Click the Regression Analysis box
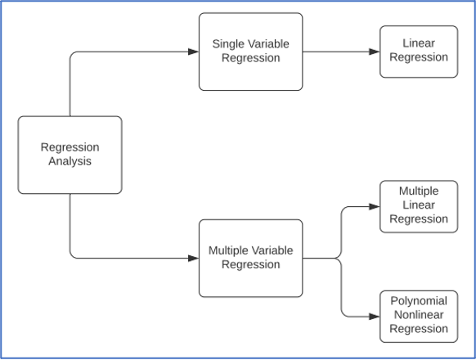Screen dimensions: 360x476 pyautogui.click(x=70, y=155)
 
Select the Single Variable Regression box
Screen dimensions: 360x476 pyautogui.click(x=250, y=51)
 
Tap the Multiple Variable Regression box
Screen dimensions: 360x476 pyautogui.click(x=250, y=258)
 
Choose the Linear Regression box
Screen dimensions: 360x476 pyautogui.click(x=419, y=51)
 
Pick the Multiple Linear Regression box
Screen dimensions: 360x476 pyautogui.click(x=419, y=205)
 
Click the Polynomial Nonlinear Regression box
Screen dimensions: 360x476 pyautogui.click(x=419, y=316)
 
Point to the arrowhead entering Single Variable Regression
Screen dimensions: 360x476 pyautogui.click(x=194, y=52)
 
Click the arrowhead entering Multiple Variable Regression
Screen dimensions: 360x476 pyautogui.click(x=194, y=259)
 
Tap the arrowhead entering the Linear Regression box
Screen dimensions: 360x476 pyautogui.click(x=375, y=52)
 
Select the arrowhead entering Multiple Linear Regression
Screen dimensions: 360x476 pyautogui.click(x=375, y=206)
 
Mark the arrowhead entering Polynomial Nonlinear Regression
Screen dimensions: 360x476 pyautogui.click(x=375, y=317)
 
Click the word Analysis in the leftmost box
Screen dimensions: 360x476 pyautogui.click(x=70, y=161)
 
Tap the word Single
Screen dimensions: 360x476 pyautogui.click(x=228, y=44)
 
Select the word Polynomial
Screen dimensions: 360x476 pyautogui.click(x=419, y=302)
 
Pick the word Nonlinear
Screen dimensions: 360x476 pyautogui.click(x=419, y=316)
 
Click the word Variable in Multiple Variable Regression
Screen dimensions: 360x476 pyautogui.click(x=274, y=251)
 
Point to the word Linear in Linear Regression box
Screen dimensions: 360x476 pyautogui.click(x=419, y=43)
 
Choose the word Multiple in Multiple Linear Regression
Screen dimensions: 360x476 pyautogui.click(x=419, y=191)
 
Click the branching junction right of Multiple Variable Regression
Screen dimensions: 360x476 pyautogui.click(x=339, y=259)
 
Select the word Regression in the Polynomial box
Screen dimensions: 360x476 pyautogui.click(x=419, y=330)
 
